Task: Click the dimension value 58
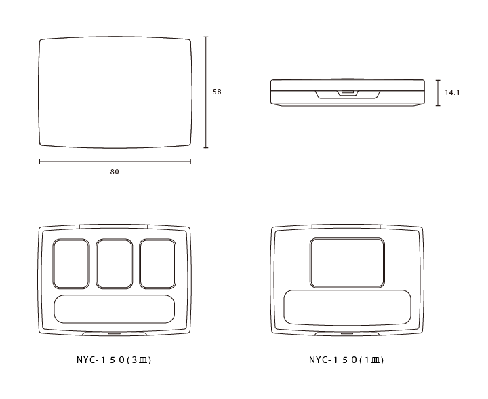pos(217,92)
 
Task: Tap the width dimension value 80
pos(115,172)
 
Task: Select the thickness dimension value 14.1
pos(452,92)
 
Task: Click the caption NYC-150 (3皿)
pos(114,360)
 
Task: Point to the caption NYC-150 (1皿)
pos(346,360)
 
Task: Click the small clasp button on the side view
pos(348,92)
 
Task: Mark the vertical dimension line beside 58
pos(206,92)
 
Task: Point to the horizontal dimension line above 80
pos(115,161)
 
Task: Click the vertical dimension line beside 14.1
pos(438,93)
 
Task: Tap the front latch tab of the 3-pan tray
pos(115,334)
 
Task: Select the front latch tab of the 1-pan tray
pos(347,334)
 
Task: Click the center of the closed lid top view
pos(115,92)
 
